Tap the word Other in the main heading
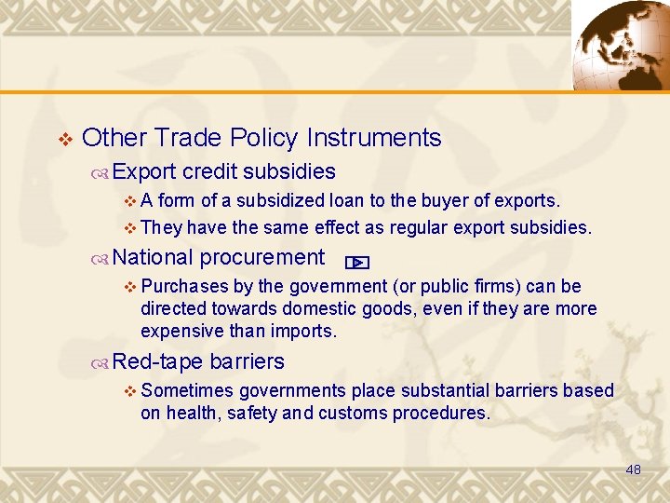(115, 139)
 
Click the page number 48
(633, 470)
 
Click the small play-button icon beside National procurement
(356, 263)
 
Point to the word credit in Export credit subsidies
(211, 171)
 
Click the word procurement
(262, 258)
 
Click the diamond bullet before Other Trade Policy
(63, 140)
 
